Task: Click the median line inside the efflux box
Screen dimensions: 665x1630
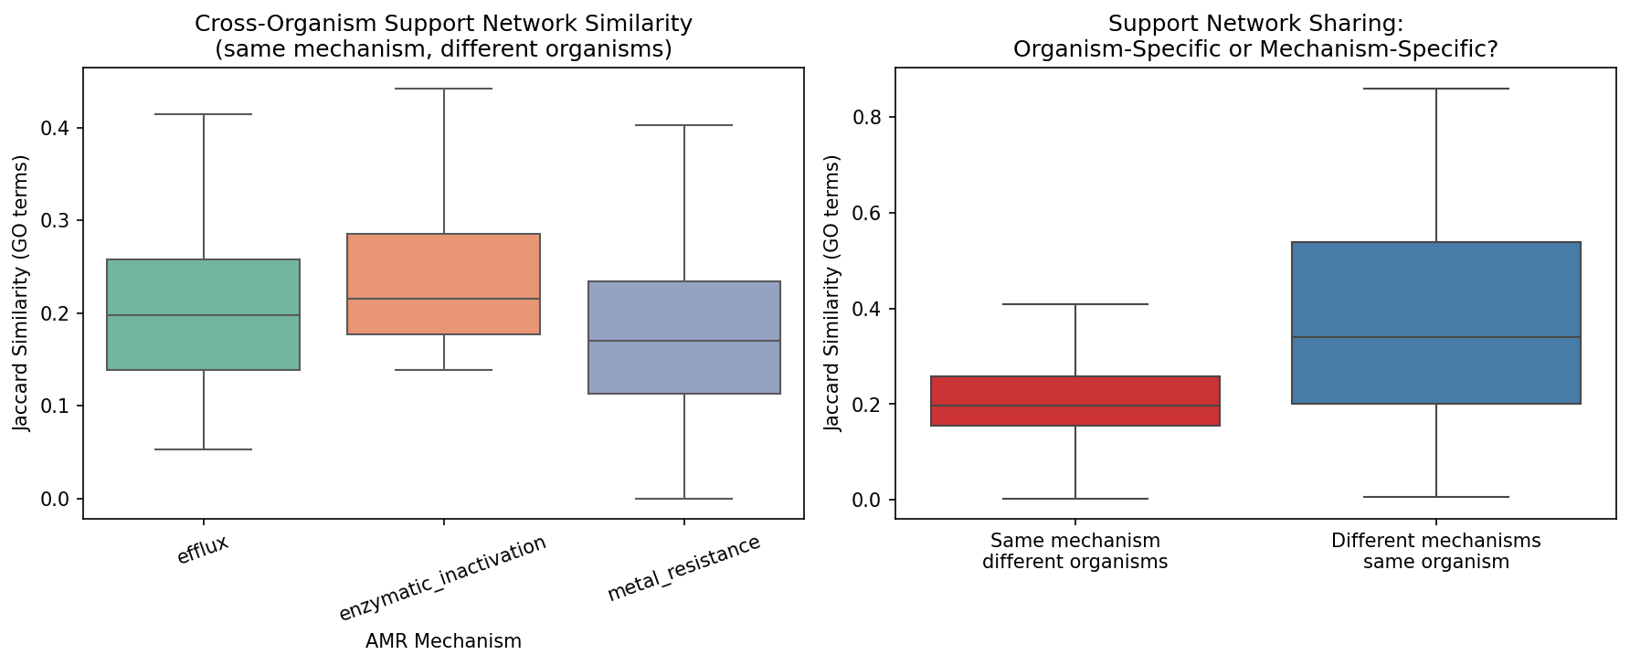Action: [x=203, y=315]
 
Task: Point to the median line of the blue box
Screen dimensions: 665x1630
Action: [x=1435, y=337]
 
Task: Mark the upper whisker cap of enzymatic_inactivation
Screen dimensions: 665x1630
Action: [x=443, y=89]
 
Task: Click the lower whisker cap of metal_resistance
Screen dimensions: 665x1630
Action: [x=683, y=499]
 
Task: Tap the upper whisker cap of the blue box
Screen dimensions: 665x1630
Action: [x=1435, y=89]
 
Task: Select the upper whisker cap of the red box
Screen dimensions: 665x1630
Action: [x=1074, y=304]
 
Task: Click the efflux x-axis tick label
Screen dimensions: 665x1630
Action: [x=203, y=551]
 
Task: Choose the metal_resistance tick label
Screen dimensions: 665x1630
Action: [x=683, y=568]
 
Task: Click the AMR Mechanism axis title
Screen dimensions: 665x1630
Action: [x=443, y=641]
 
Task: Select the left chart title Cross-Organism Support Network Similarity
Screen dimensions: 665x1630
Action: [x=443, y=24]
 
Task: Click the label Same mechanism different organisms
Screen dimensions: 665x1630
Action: [x=1074, y=552]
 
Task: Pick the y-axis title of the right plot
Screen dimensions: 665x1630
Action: [x=832, y=292]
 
